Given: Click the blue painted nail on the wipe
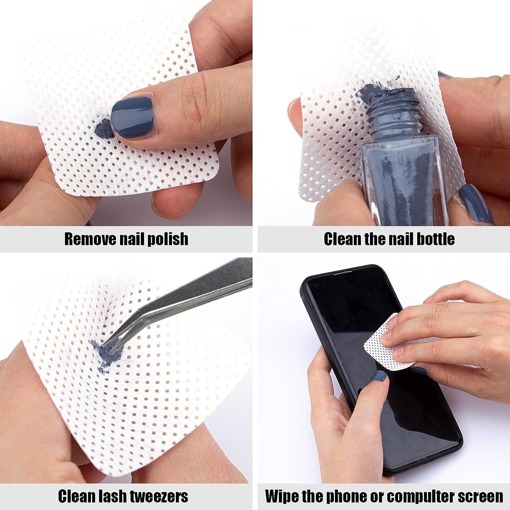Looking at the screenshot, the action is [x=133, y=117].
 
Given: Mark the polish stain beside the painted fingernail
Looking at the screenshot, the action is [x=104, y=128].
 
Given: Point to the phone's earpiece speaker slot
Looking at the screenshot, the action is [x=344, y=271].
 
